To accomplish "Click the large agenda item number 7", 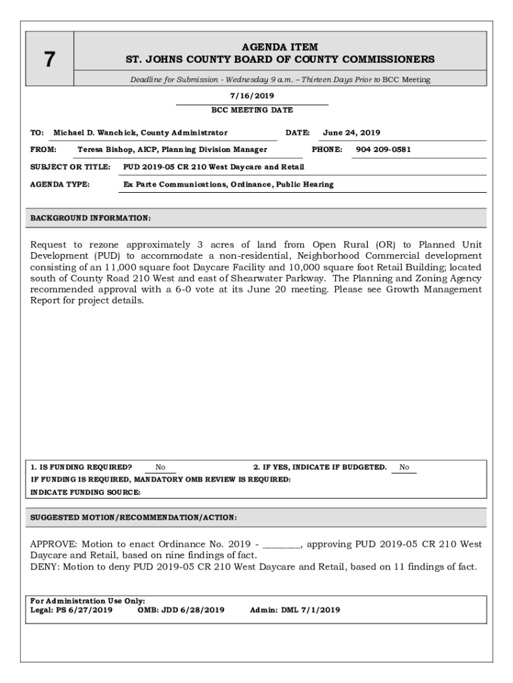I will (49, 59).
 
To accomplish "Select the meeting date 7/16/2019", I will (252, 96).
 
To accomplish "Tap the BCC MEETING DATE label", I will (252, 110).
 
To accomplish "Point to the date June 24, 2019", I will (352, 133).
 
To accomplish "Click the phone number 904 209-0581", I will (383, 149).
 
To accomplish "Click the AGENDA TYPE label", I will (60, 184).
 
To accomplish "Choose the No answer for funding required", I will (161, 468).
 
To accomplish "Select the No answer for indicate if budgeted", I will (404, 468).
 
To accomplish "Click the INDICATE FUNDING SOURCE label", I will (85, 492).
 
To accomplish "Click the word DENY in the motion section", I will (43, 567).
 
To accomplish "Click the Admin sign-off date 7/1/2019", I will (320, 610).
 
